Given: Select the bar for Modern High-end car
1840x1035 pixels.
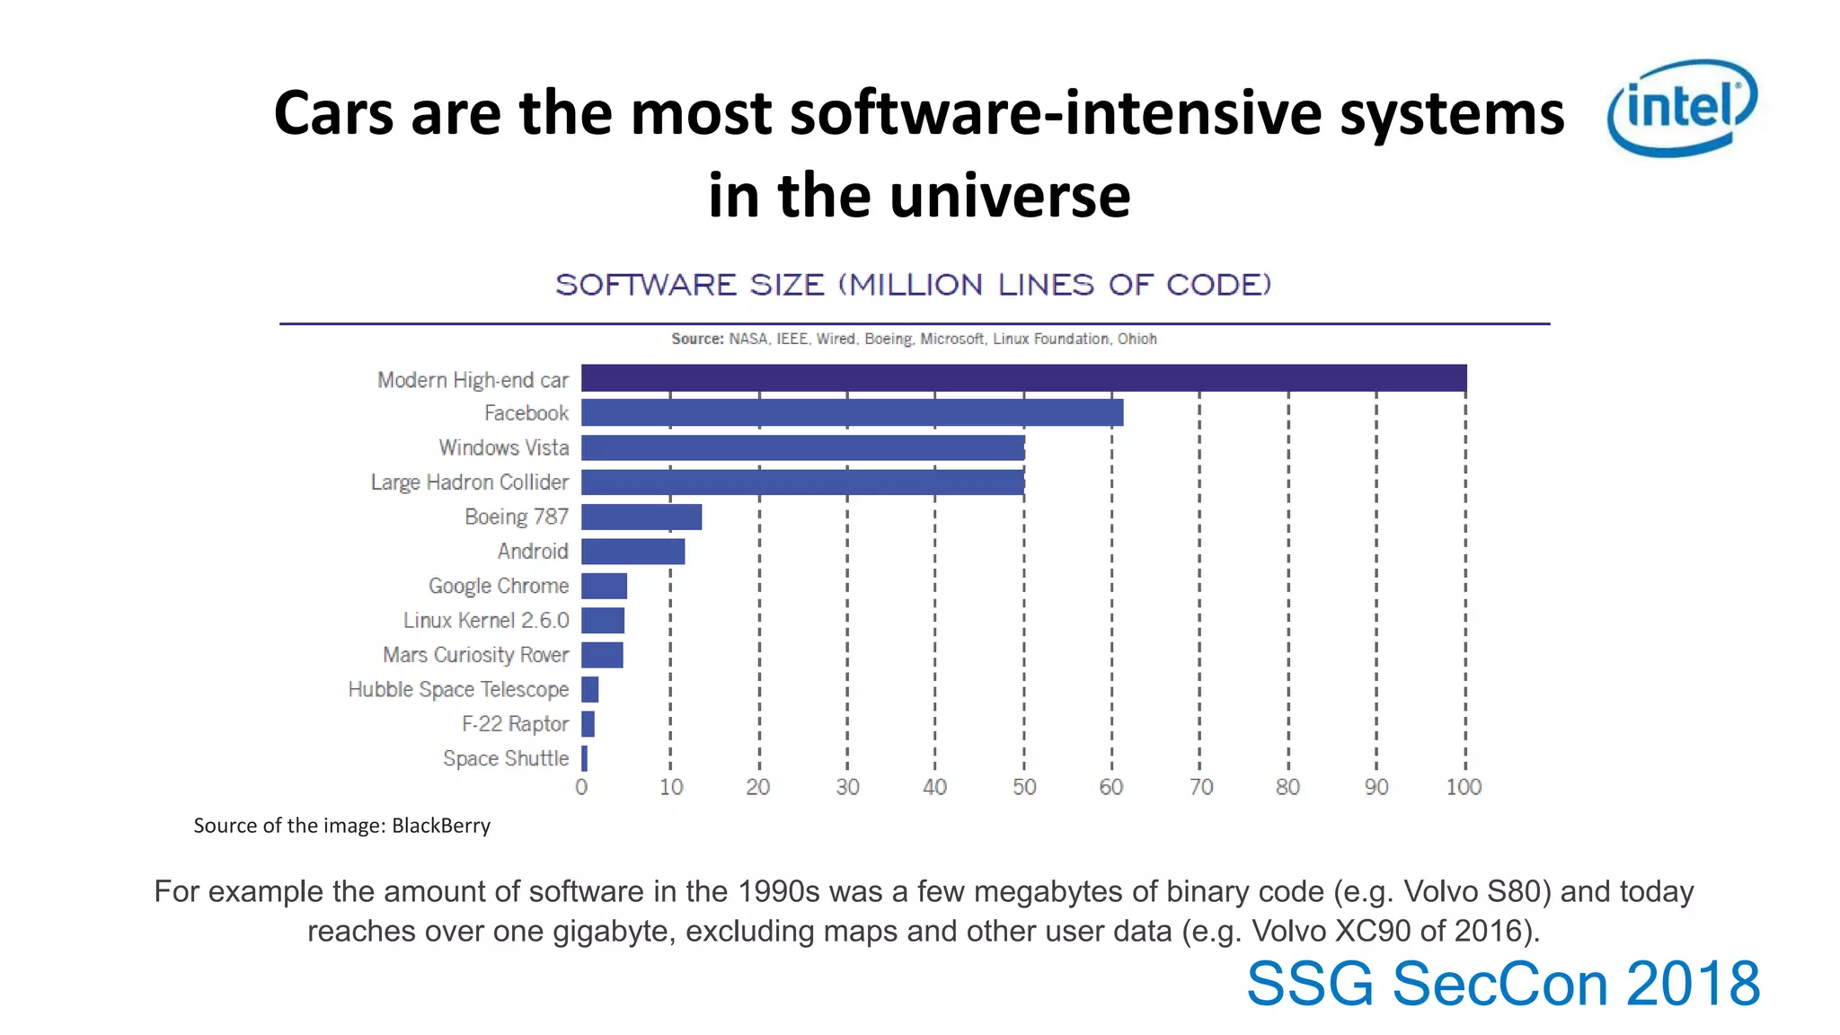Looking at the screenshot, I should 1023,378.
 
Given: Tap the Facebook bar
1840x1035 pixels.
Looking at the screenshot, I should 852,412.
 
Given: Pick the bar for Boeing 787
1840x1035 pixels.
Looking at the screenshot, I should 641,517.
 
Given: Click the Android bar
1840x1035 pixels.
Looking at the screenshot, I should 632,552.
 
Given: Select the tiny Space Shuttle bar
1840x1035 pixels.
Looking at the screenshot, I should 585,758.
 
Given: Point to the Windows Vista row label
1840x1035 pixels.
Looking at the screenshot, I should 503,447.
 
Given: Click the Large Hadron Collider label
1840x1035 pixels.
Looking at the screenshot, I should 470,482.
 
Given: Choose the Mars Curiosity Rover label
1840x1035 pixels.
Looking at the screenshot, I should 475,655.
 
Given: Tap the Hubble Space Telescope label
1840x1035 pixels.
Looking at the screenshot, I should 458,690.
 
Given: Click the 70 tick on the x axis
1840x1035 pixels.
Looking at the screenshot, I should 1200,788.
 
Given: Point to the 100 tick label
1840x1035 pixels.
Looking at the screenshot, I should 1464,788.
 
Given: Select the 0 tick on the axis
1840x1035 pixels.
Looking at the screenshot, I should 581,788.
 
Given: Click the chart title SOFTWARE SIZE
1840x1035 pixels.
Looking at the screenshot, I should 913,285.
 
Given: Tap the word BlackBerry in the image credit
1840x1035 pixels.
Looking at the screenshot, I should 441,826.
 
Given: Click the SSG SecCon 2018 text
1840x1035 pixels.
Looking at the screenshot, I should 1502,984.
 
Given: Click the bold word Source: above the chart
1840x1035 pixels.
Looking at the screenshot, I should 697,339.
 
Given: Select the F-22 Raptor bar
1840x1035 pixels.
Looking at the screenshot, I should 588,724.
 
